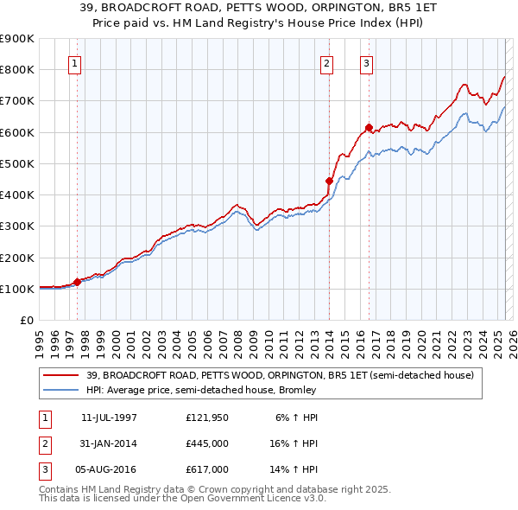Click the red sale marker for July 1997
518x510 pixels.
tap(77, 281)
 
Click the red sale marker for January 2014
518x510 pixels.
tap(329, 181)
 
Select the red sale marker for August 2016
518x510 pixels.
tap(368, 128)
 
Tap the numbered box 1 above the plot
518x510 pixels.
tap(74, 62)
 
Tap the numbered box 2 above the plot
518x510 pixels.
tap(327, 62)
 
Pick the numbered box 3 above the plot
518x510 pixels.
tap(366, 62)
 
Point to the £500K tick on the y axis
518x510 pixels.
tap(17, 163)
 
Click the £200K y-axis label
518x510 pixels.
tap(17, 258)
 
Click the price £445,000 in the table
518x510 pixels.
tap(207, 443)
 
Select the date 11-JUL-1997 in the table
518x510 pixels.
tap(108, 418)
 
